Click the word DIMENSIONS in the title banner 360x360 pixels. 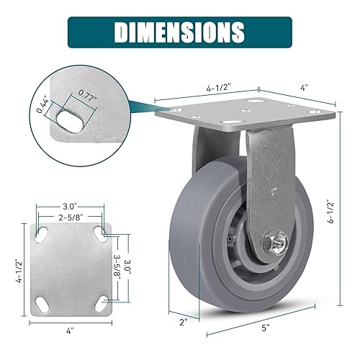coord(180,32)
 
